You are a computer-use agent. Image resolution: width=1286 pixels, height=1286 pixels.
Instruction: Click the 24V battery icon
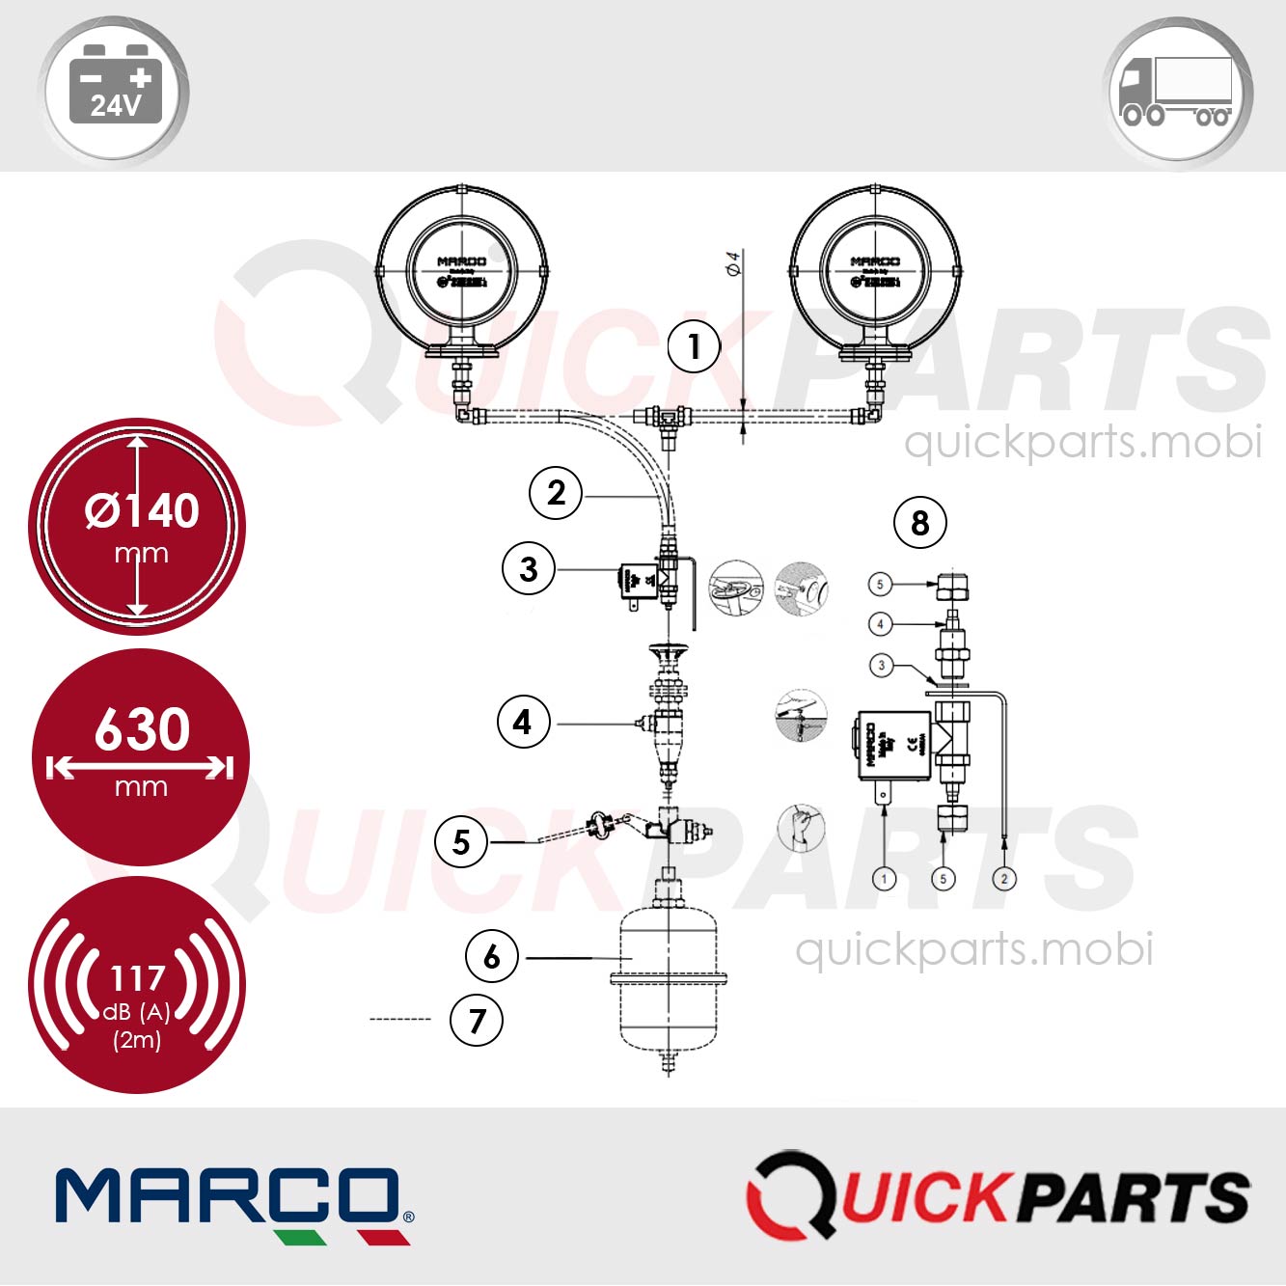click(x=114, y=92)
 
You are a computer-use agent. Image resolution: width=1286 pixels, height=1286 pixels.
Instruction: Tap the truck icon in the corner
click(x=1177, y=93)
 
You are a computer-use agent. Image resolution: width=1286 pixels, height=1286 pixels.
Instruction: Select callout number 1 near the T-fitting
click(x=694, y=346)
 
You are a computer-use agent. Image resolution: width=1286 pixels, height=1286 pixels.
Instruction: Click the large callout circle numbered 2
click(x=556, y=493)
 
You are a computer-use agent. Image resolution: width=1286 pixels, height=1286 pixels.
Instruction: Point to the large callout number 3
click(x=529, y=568)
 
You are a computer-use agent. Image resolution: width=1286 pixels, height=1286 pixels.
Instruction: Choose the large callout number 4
click(x=523, y=722)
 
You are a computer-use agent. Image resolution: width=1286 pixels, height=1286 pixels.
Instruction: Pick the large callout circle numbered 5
click(x=461, y=842)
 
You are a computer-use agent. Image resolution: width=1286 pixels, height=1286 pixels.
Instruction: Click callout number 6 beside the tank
click(x=492, y=956)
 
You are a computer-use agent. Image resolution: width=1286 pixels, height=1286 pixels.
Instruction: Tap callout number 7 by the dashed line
click(x=477, y=1020)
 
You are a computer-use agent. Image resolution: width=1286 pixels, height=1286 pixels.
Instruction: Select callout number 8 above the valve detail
click(x=920, y=523)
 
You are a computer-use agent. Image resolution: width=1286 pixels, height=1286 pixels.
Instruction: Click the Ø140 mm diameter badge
click(x=137, y=527)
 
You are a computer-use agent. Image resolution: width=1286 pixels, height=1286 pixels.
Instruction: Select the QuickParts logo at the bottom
click(x=998, y=1196)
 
